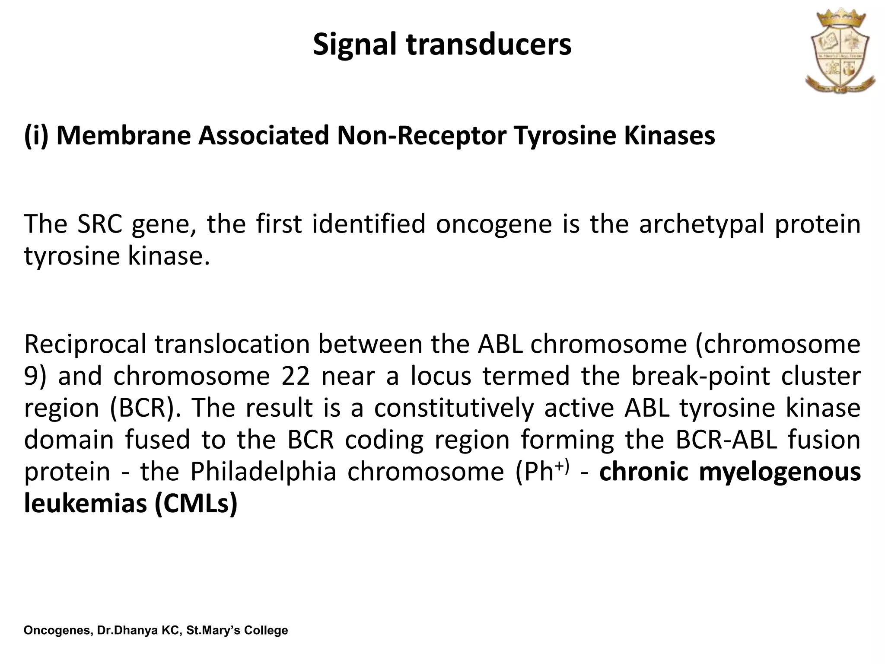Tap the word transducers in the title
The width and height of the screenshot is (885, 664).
point(488,45)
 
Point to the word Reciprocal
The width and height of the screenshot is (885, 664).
point(85,344)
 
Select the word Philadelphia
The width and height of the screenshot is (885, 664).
point(263,471)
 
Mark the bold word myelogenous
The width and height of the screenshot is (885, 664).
point(779,472)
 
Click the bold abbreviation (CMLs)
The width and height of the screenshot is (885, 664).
point(195,504)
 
